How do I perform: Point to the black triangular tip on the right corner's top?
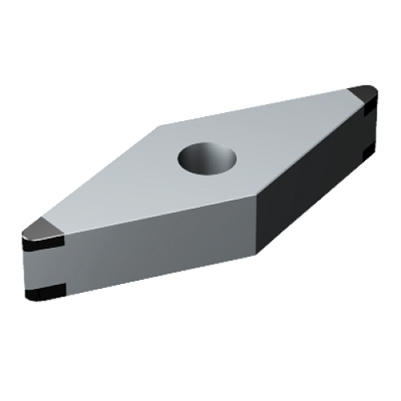[x=363, y=91]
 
